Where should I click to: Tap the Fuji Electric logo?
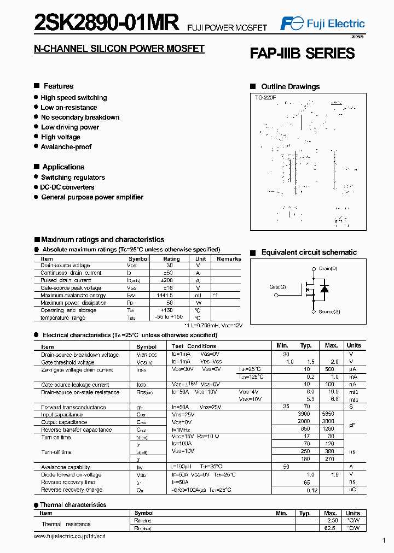[x=322, y=23]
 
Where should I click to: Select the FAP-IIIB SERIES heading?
[x=302, y=54]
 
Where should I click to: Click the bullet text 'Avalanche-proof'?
[x=66, y=147]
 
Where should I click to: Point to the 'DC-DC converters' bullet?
[x=67, y=187]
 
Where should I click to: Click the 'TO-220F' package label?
[x=265, y=97]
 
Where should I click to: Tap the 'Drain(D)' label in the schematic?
[x=328, y=268]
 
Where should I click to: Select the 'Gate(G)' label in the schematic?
[x=277, y=287]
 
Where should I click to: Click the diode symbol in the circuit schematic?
[x=324, y=289]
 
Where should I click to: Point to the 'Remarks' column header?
[x=229, y=258]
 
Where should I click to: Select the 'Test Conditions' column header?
[x=194, y=346]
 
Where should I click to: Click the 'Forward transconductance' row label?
[x=73, y=407]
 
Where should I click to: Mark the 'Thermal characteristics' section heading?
[x=73, y=505]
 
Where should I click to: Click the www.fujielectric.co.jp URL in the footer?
[x=69, y=537]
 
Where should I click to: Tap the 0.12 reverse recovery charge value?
[x=312, y=490]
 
